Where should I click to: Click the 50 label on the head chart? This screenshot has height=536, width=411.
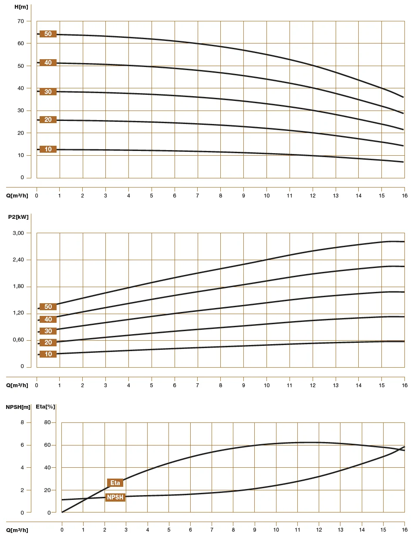(x=48, y=34)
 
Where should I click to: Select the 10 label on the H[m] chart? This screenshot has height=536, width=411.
(x=48, y=149)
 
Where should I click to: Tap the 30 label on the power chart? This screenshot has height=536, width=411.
(x=48, y=331)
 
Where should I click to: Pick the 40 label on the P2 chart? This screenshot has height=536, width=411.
(x=48, y=319)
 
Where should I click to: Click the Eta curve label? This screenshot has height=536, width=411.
(x=115, y=482)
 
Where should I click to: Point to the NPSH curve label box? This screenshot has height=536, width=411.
(x=115, y=497)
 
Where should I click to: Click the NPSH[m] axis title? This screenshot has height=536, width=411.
(x=18, y=407)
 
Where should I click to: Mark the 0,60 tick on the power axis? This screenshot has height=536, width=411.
(x=19, y=340)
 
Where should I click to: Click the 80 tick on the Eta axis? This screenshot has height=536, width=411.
(x=47, y=422)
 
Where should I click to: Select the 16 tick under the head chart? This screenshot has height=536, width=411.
(x=404, y=195)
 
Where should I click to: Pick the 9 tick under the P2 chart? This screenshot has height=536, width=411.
(x=243, y=385)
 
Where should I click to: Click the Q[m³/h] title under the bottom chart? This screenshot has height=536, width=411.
(x=17, y=530)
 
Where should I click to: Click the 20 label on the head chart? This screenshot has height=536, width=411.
(x=48, y=120)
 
